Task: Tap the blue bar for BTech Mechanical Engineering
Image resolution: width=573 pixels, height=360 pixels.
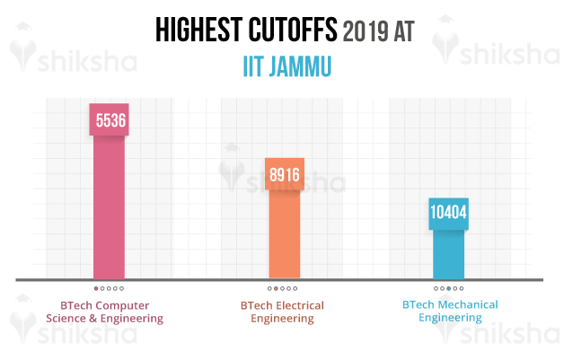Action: pyautogui.click(x=449, y=254)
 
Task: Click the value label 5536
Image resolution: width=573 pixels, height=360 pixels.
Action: pyautogui.click(x=109, y=120)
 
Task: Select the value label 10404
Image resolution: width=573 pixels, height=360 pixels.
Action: pyautogui.click(x=449, y=213)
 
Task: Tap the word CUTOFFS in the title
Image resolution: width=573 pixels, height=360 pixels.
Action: pyautogui.click(x=294, y=32)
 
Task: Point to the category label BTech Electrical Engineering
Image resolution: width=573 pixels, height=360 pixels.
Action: pyautogui.click(x=282, y=312)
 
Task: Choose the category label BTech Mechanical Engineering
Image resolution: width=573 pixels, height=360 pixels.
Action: pyautogui.click(x=449, y=311)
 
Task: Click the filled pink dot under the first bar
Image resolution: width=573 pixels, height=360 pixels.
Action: pyautogui.click(x=96, y=289)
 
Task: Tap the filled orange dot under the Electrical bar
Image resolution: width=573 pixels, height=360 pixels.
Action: pyautogui.click(x=276, y=289)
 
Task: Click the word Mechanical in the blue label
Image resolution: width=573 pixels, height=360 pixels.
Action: pyautogui.click(x=465, y=304)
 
